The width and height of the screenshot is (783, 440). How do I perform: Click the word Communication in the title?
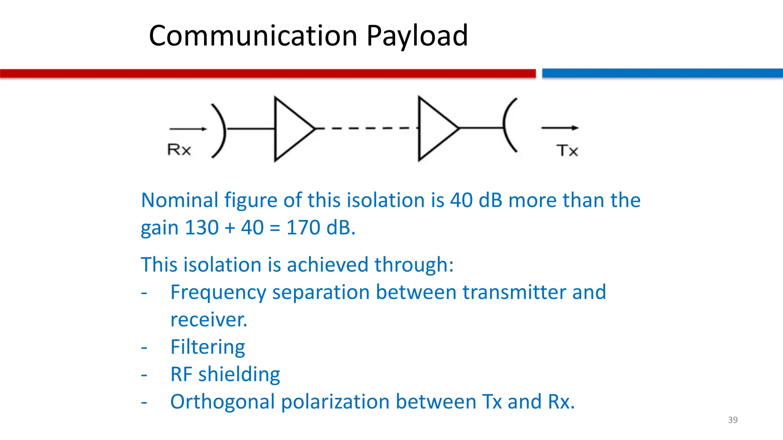253,36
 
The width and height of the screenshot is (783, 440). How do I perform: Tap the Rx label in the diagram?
179,150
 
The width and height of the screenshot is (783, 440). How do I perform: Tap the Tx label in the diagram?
567,150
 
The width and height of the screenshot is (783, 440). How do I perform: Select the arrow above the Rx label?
188,129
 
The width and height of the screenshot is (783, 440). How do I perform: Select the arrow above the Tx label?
560,128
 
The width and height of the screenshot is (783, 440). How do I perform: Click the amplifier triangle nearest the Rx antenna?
291,129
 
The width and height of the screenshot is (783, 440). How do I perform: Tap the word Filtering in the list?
208,347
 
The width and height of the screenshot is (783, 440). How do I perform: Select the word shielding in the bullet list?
239,375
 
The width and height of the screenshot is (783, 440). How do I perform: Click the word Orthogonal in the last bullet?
223,402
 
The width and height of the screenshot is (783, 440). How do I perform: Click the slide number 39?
733,420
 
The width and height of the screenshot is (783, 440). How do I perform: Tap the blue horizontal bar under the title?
662,73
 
